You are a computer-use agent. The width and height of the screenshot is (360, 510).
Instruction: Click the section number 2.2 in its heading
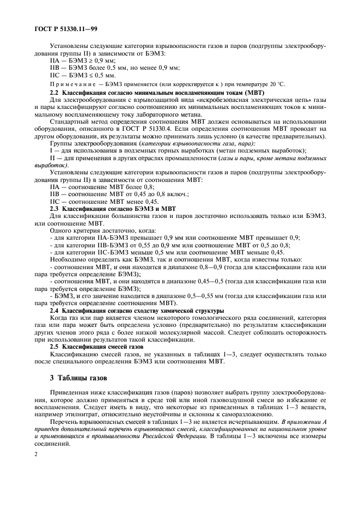(56, 93)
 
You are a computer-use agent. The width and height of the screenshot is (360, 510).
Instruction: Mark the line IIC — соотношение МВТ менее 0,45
(102, 202)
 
